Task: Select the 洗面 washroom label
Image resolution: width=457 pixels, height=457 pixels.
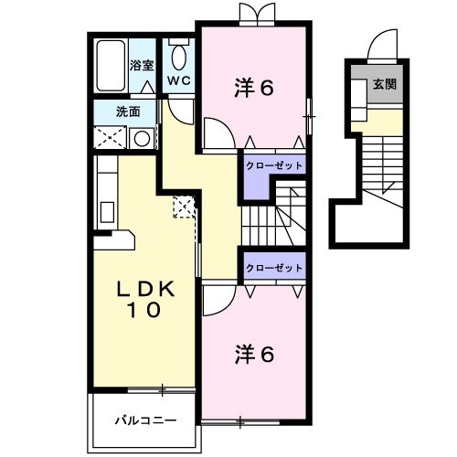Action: pyautogui.click(x=127, y=112)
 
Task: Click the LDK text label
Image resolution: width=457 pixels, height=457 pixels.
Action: pyautogui.click(x=143, y=289)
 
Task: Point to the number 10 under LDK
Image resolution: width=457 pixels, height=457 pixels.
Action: pyautogui.click(x=143, y=311)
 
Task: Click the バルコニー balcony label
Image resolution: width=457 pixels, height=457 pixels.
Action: pyautogui.click(x=144, y=420)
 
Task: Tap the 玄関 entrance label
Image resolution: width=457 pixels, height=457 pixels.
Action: pyautogui.click(x=385, y=84)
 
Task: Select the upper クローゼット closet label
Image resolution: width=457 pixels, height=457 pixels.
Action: pyautogui.click(x=273, y=165)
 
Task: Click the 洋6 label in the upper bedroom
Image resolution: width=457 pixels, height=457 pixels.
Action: pyautogui.click(x=254, y=89)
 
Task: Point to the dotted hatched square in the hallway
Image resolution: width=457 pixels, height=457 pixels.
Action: pyautogui.click(x=185, y=206)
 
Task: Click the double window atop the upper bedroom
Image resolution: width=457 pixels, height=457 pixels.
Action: pyautogui.click(x=254, y=12)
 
